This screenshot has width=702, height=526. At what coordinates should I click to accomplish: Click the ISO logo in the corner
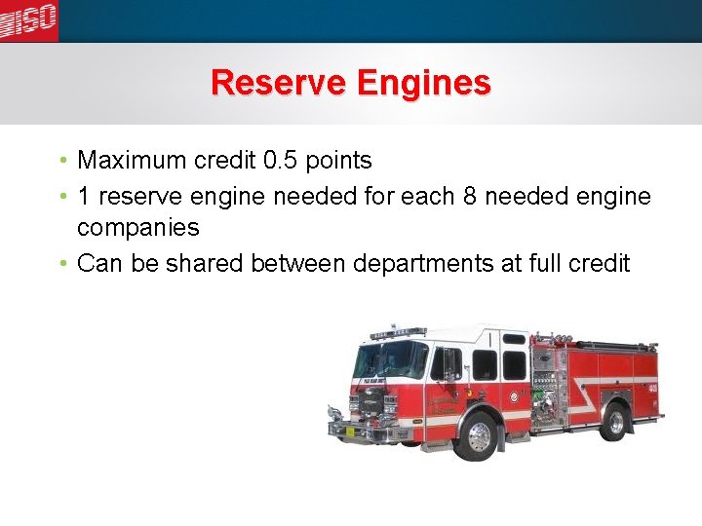click(x=28, y=19)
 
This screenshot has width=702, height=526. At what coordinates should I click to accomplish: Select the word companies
click(x=137, y=229)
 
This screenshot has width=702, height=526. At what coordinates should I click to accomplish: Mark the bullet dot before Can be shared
click(x=62, y=264)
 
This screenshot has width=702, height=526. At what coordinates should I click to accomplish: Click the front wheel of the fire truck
click(x=479, y=434)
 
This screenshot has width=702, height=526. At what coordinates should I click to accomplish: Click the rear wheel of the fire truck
click(x=615, y=421)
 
